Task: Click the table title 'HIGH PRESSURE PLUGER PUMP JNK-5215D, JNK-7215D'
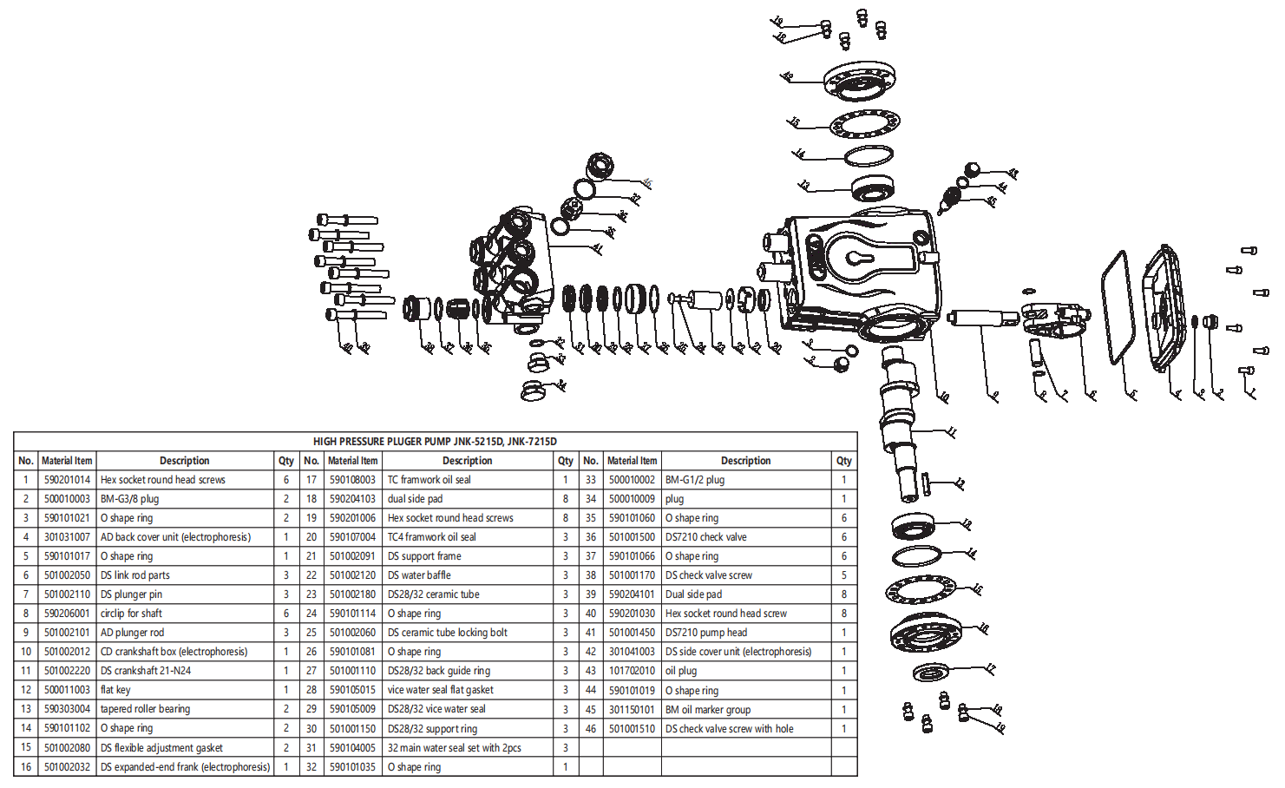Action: [x=435, y=441]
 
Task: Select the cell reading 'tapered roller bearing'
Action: [x=145, y=709]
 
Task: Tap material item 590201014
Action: [x=67, y=480]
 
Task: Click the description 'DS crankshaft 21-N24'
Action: [x=146, y=671]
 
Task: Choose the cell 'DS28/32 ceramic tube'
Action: [x=433, y=594]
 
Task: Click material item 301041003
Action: [x=632, y=652]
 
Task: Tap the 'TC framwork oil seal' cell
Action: [x=429, y=480]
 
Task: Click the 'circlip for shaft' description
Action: [x=131, y=614]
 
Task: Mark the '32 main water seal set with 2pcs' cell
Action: [x=454, y=747]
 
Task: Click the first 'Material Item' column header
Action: [x=67, y=461]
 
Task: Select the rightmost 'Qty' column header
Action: [x=843, y=461]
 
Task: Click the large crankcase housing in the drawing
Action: [x=859, y=269]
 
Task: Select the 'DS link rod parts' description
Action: [x=134, y=575]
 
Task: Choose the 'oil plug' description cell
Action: [x=680, y=671]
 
